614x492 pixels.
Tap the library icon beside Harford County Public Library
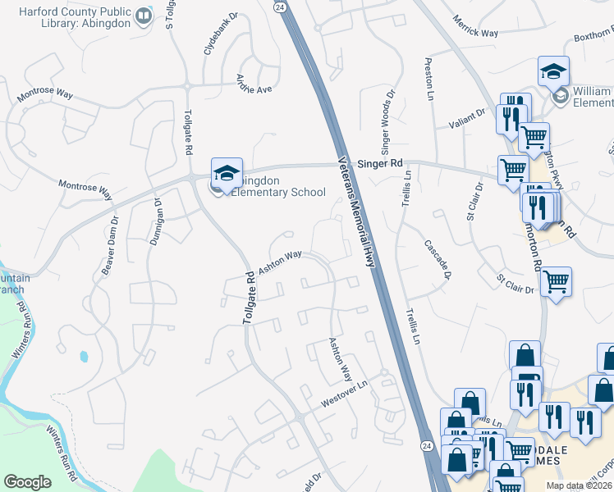pyautogui.click(x=144, y=16)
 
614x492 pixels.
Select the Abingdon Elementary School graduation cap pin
pyautogui.click(x=227, y=173)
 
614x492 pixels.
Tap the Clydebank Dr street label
pyautogui.click(x=208, y=34)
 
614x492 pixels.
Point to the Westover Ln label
pyautogui.click(x=344, y=392)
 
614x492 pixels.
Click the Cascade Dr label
pyautogui.click(x=438, y=258)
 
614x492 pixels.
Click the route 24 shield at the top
pyautogui.click(x=280, y=7)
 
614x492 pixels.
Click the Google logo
pyautogui.click(x=27, y=482)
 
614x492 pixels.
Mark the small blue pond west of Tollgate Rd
pyautogui.click(x=83, y=357)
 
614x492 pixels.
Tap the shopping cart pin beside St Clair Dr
pyautogui.click(x=556, y=283)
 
